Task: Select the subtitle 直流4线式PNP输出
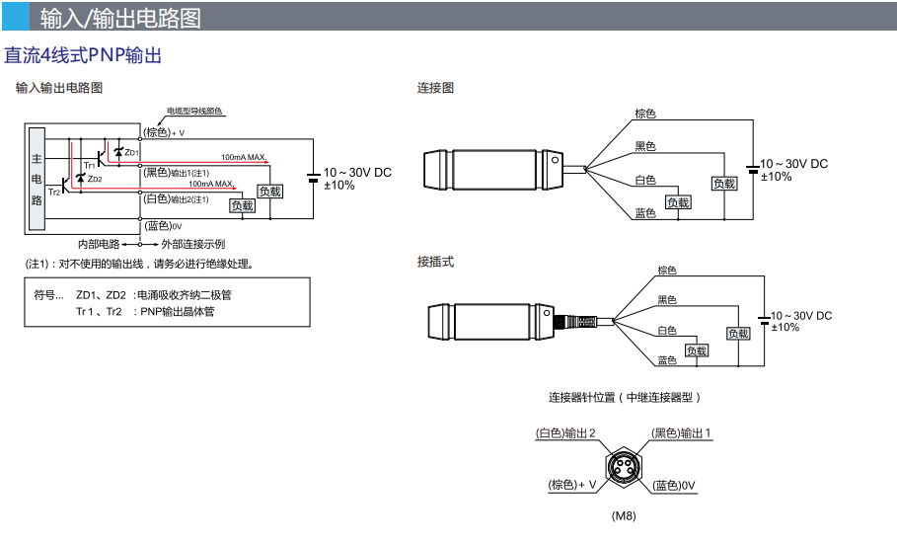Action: pyautogui.click(x=83, y=55)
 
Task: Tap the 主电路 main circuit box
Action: pyautogui.click(x=37, y=179)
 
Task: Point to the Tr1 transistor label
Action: pyautogui.click(x=89, y=164)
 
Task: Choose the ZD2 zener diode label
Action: pyautogui.click(x=94, y=179)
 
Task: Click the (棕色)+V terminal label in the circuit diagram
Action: pyautogui.click(x=165, y=132)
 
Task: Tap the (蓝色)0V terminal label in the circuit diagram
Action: pyautogui.click(x=164, y=226)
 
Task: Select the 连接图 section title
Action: pyautogui.click(x=435, y=88)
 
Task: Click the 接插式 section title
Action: pyautogui.click(x=435, y=262)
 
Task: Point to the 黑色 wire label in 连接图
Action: pyautogui.click(x=645, y=146)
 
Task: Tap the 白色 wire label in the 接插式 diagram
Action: pyautogui.click(x=668, y=330)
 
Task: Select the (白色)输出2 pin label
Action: pyautogui.click(x=566, y=433)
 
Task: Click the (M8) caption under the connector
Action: pyautogui.click(x=624, y=515)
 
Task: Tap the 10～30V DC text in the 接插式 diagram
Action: pyautogui.click(x=801, y=315)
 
